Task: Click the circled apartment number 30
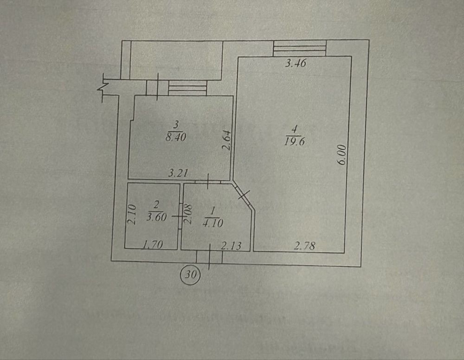[191, 275]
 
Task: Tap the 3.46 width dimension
[296, 63]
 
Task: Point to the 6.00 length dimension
[342, 154]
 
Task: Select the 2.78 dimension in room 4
[304, 245]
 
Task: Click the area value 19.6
[295, 141]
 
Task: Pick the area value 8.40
[176, 137]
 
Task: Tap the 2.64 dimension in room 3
[226, 141]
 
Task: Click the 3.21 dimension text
[178, 173]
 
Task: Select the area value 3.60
[156, 217]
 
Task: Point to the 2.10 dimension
[132, 214]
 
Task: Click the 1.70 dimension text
[153, 244]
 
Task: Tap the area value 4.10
[213, 223]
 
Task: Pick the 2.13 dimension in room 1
[232, 245]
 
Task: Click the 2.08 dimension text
[188, 213]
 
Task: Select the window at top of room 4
[300, 48]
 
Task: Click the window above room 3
[187, 88]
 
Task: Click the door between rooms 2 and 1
[180, 216]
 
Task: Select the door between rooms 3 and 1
[208, 181]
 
